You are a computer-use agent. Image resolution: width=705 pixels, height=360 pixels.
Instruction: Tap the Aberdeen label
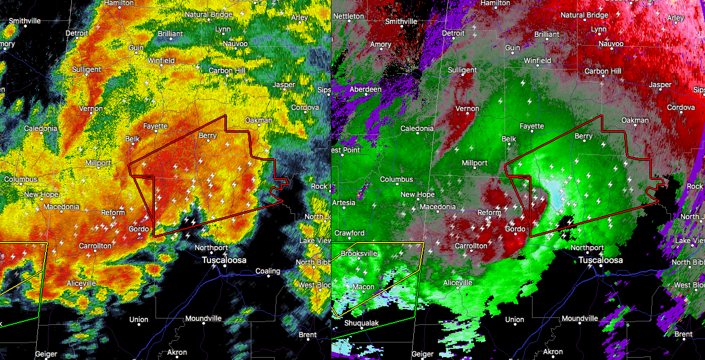pos(365,89)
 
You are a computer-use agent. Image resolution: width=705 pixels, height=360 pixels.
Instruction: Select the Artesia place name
pos(343,203)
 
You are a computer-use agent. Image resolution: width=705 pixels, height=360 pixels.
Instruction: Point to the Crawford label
pos(349,233)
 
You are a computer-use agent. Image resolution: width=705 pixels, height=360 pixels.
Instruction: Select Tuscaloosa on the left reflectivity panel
pos(224,260)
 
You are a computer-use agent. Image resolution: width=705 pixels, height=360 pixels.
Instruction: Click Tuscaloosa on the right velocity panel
pos(600,260)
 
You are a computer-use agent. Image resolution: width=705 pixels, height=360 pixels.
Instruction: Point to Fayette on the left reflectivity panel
pos(155,126)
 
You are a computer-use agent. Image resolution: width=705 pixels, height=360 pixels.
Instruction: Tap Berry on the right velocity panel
pos(583,136)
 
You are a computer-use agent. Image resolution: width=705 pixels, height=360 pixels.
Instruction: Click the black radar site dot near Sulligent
pos(417,74)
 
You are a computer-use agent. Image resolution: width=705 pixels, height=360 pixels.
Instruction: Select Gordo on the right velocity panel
pos(515,229)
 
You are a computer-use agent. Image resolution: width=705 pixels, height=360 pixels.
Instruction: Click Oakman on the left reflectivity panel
pos(258,120)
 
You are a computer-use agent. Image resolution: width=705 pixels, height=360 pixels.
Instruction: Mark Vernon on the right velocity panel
pos(467,109)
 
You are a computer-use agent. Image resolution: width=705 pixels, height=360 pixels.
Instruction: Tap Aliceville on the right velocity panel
pos(457,283)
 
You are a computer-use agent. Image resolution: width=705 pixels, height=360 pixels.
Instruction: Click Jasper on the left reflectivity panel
pos(284,85)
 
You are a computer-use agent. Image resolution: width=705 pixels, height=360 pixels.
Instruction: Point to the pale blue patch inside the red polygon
pos(555,190)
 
